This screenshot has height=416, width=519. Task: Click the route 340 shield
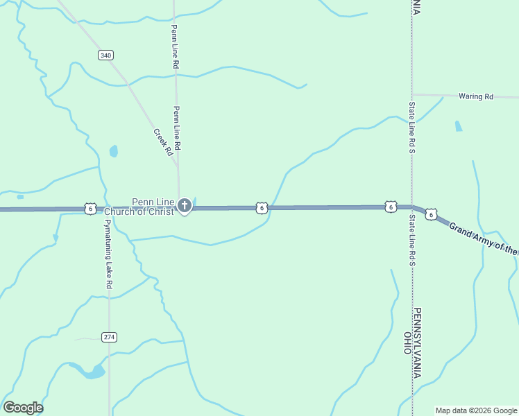[105, 55]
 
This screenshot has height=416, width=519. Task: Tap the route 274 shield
[109, 337]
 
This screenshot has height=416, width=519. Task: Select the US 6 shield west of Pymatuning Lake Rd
[90, 208]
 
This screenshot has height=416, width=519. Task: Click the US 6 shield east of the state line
[432, 215]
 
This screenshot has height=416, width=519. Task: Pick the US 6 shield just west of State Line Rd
[391, 207]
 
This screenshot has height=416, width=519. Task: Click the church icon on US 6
[185, 205]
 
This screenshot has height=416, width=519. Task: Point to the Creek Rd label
[162, 142]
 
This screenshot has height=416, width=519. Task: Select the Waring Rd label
[475, 96]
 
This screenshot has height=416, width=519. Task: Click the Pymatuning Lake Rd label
[108, 256]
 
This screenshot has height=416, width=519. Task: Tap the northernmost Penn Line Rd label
[176, 46]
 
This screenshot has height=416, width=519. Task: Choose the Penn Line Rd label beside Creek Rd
[178, 128]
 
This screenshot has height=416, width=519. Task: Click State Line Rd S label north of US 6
[412, 119]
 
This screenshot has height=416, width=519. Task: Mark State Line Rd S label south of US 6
[411, 240]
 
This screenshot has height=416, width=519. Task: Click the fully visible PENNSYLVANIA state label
[418, 343]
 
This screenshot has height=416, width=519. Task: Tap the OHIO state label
[407, 343]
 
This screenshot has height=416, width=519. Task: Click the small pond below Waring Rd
[458, 126]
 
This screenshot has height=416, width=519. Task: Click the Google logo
[23, 408]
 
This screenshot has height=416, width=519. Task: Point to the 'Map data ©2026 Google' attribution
[475, 410]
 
